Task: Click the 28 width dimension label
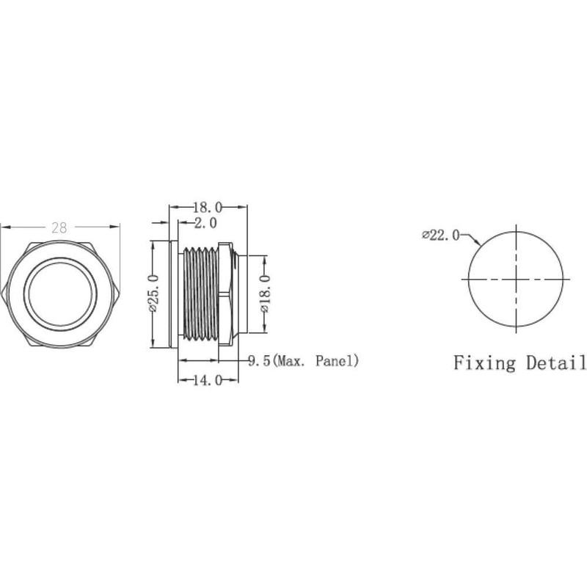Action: point(59,227)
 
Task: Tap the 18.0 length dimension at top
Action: point(208,208)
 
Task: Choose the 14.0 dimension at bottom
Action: point(208,381)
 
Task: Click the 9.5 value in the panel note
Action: point(258,360)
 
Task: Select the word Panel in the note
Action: point(335,360)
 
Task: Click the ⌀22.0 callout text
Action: point(441,235)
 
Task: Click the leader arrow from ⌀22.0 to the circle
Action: point(471,240)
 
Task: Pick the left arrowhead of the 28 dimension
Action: point(4,227)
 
